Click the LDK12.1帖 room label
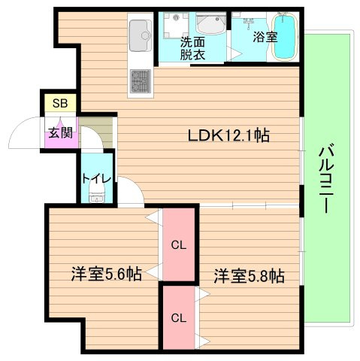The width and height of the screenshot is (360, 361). pyautogui.click(x=228, y=135)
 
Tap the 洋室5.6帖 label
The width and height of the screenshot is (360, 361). pyautogui.click(x=107, y=274)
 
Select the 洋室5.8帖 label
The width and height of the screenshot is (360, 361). pyautogui.click(x=249, y=276)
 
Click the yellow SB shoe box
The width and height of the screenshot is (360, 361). pyautogui.click(x=60, y=103)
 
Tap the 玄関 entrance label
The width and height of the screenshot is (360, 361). pyautogui.click(x=60, y=132)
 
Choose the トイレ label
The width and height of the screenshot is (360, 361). pyautogui.click(x=96, y=179)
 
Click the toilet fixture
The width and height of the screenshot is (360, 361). pyautogui.click(x=97, y=192)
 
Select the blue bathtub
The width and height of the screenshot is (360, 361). pyautogui.click(x=283, y=37)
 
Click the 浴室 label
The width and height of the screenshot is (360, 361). pyautogui.click(x=265, y=37)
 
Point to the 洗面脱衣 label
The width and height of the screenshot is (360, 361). pyautogui.click(x=192, y=48)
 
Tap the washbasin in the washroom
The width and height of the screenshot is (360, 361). pyautogui.click(x=210, y=23)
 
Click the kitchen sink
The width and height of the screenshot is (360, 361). pyautogui.click(x=141, y=35)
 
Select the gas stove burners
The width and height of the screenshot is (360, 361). pyautogui.click(x=141, y=80)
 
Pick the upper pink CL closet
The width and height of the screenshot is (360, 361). pyautogui.click(x=179, y=244)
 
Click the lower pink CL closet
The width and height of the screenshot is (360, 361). pyautogui.click(x=179, y=318)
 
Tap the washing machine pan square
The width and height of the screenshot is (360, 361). pyautogui.click(x=176, y=26)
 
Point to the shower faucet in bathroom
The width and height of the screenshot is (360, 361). pyautogui.click(x=248, y=22)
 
